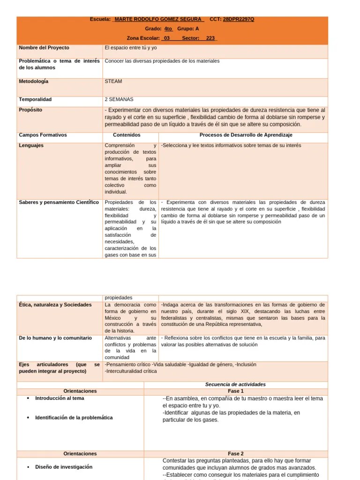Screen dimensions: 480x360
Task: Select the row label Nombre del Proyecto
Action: pos(44,48)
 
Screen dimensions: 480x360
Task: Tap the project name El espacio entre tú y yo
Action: pos(131,48)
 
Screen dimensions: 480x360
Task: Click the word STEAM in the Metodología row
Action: pos(113,82)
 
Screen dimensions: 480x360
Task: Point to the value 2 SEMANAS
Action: pos(119,99)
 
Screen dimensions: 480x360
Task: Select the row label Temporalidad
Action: pos(35,99)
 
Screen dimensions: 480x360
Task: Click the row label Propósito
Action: pos(30,110)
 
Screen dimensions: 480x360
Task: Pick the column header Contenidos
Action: pos(127,135)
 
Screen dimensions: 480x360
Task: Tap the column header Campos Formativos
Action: pos(43,135)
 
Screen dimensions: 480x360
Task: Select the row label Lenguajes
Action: pos(31,145)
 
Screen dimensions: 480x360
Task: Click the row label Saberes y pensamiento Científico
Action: pos(59,202)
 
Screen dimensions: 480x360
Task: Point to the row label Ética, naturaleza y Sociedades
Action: pos(55,305)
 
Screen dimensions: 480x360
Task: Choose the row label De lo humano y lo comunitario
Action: pos(55,338)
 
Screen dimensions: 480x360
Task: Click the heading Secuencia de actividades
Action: pos(235,384)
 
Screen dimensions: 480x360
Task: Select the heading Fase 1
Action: pos(236,391)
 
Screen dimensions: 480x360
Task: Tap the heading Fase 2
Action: pos(236,454)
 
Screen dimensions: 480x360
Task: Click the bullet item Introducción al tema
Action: pos(60,398)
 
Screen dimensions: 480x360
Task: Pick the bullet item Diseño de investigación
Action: pos(64,467)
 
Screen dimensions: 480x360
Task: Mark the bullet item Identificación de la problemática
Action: pos(74,417)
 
